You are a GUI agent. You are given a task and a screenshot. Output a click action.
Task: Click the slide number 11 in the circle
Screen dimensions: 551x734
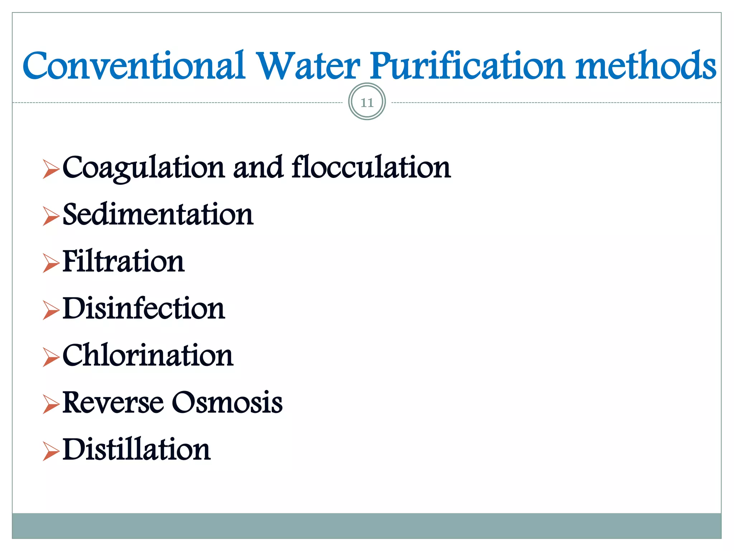(367, 103)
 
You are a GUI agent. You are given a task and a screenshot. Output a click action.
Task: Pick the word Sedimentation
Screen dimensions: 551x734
(158, 214)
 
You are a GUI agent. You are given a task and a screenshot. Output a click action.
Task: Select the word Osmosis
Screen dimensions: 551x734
(227, 402)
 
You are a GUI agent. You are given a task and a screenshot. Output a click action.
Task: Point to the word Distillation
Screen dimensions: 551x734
(137, 449)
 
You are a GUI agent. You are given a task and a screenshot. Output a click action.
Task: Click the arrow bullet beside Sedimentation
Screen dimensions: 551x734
(51, 216)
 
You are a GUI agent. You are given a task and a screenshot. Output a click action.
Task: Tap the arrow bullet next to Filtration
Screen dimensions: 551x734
(51, 263)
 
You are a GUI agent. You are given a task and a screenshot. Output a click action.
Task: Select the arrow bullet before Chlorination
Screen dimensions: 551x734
(51, 357)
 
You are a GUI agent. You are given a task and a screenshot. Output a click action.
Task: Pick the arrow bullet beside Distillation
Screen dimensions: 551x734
(51, 451)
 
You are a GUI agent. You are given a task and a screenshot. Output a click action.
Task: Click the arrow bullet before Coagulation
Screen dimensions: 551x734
(51, 169)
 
